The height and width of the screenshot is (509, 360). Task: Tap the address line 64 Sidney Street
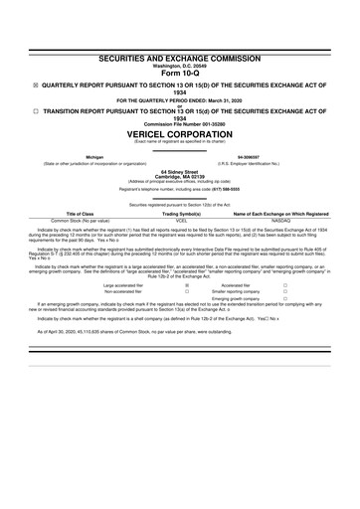click(x=180, y=170)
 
